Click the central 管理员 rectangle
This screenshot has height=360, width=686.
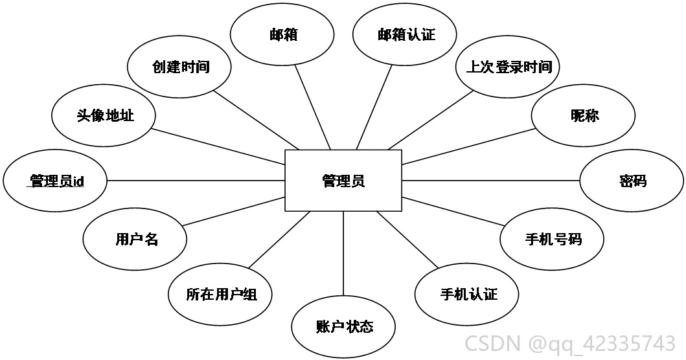[343, 181]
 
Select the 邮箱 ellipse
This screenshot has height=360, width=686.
[282, 34]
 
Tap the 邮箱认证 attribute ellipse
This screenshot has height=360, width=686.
[405, 34]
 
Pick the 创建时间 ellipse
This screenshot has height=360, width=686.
[179, 67]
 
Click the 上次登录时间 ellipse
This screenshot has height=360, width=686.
[507, 67]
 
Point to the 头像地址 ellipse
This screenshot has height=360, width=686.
[104, 115]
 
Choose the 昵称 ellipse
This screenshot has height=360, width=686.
[583, 115]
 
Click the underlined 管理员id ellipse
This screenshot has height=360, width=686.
[55, 181]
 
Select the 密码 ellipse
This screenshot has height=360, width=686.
[632, 181]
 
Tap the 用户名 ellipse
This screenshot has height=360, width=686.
[135, 240]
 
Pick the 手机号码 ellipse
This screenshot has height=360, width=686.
[552, 240]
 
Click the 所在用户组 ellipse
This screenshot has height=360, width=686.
[220, 295]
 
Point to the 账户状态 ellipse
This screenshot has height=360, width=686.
[343, 327]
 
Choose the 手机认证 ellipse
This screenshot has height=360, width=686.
[467, 295]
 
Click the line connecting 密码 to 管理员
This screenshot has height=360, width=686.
[491, 180]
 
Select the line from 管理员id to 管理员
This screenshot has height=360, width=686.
[196, 180]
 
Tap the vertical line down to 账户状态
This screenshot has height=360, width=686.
[343, 254]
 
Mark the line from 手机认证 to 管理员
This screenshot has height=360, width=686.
[407, 240]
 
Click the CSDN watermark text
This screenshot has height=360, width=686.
[569, 343]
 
